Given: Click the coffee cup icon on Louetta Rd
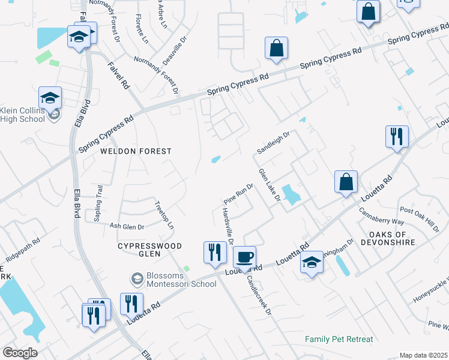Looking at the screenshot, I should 244,257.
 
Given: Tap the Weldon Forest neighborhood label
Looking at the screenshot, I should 136,151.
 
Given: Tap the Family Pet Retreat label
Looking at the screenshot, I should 339,339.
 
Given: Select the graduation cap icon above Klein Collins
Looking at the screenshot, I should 50,98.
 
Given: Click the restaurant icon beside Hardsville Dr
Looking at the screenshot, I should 215,252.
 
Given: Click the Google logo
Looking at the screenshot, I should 20,353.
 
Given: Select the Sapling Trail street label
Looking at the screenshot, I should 99,203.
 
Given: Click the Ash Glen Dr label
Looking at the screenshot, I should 127,226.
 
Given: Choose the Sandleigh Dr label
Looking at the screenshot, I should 273,142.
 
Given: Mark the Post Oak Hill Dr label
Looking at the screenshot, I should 420,217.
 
